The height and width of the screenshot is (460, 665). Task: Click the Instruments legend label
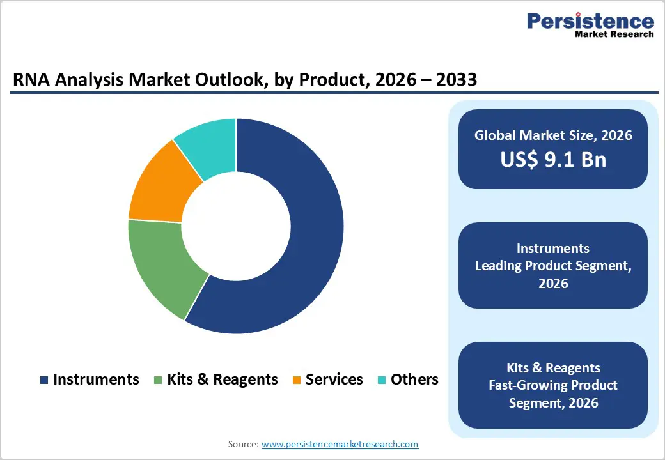[x=96, y=379]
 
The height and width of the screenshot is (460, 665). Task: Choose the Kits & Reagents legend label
[x=223, y=379]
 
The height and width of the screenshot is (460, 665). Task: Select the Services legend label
[x=334, y=379]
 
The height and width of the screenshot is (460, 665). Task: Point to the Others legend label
[x=414, y=379]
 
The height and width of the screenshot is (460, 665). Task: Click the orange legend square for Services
[x=297, y=380]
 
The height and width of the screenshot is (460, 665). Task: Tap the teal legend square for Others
[x=382, y=380]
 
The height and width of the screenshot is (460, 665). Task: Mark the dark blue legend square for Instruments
[x=44, y=380]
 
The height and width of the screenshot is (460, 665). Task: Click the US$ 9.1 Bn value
[x=553, y=160]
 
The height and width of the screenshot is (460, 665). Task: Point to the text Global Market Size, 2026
[x=553, y=135]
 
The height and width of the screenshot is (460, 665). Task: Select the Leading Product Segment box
[x=553, y=265]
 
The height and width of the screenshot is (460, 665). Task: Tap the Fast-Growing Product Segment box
[x=553, y=385]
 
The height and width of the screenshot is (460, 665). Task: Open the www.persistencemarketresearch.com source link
[x=340, y=444]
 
